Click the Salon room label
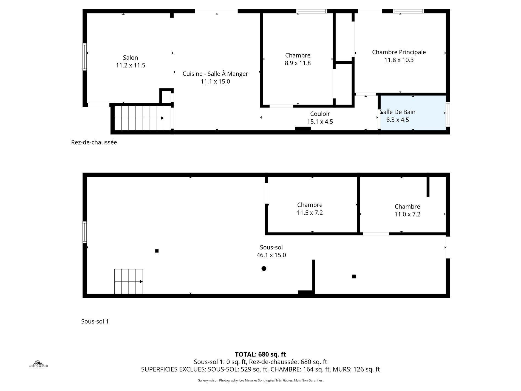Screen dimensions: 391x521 [x=130, y=58]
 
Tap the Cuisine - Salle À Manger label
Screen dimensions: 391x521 [x=215, y=74]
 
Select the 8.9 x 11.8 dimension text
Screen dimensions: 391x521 [x=298, y=63]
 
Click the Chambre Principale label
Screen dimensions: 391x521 [x=399, y=52]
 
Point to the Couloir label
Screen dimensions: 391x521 [x=320, y=114]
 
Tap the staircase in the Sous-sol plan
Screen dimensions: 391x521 [x=128, y=281]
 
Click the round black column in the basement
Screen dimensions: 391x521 [x=264, y=268]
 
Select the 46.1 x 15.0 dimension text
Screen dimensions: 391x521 [x=271, y=255]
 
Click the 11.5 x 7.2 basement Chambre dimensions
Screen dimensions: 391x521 [x=310, y=213]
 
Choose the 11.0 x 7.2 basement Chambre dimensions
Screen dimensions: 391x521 [x=407, y=214]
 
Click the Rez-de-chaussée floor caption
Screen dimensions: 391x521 [x=94, y=142]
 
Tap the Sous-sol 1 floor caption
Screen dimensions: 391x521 [x=95, y=321]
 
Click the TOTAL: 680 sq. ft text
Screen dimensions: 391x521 [x=260, y=354]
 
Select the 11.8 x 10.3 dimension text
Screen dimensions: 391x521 [x=399, y=60]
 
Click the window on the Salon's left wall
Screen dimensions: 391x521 [x=85, y=57]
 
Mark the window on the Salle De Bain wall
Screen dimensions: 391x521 [x=448, y=114]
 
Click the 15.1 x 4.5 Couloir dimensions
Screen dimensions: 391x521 [x=320, y=122]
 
